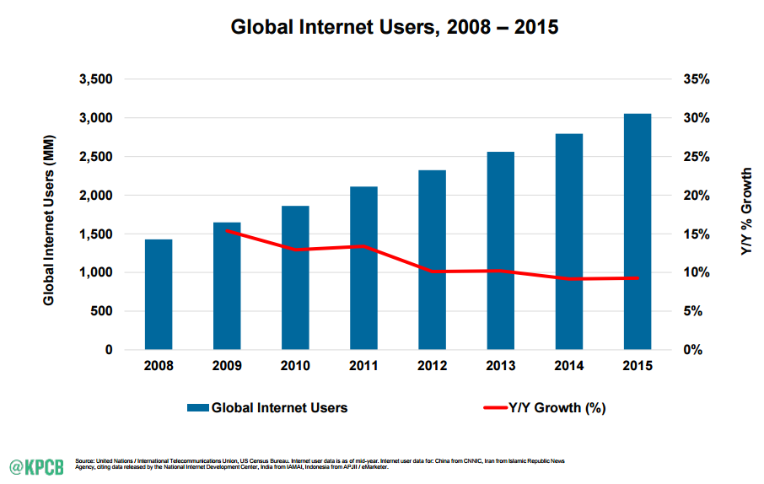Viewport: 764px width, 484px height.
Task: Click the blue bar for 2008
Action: (159, 294)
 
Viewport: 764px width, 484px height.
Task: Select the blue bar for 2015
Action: (638, 232)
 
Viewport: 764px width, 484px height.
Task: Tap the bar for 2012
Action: (433, 260)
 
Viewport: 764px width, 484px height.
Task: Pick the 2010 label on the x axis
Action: (295, 366)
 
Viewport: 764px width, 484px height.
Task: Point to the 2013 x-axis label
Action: (500, 366)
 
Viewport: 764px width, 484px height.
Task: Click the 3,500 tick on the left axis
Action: (96, 79)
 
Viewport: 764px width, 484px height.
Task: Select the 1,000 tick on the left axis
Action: (96, 272)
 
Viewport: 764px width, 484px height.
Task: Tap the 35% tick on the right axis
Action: (697, 79)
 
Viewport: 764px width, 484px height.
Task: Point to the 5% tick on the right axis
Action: (693, 311)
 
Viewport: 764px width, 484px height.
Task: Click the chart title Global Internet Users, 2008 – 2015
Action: (395, 27)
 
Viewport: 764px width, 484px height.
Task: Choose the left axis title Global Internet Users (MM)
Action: (49, 220)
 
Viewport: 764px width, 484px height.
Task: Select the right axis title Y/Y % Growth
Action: (746, 211)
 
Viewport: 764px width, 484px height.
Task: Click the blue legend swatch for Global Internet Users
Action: (198, 408)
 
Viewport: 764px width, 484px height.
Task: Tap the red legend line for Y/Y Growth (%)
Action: (496, 407)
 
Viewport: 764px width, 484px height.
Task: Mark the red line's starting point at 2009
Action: (227, 230)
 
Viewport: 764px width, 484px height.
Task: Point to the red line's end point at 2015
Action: (638, 278)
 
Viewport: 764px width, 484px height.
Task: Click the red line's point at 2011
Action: (363, 246)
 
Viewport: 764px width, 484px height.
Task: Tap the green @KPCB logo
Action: (36, 467)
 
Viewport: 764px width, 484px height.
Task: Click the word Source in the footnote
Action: (84, 460)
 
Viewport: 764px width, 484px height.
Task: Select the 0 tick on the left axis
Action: (109, 350)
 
